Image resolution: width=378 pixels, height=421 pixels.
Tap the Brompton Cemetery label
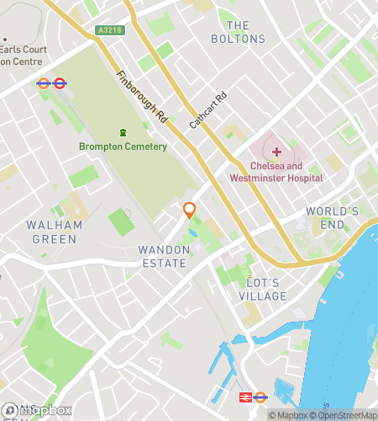[x=123, y=147]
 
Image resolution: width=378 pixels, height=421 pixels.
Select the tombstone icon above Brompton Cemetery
[x=123, y=132]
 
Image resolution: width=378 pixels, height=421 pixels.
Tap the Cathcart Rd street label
[x=208, y=109]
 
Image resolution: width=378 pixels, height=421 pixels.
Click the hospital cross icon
[x=276, y=151]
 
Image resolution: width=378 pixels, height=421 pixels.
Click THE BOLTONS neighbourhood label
[x=238, y=32]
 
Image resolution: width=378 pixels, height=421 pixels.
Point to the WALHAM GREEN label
[x=55, y=232]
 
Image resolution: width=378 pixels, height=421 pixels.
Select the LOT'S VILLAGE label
[x=262, y=289]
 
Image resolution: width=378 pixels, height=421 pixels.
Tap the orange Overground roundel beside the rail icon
[x=260, y=397]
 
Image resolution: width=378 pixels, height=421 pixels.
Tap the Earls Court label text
[x=25, y=50]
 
